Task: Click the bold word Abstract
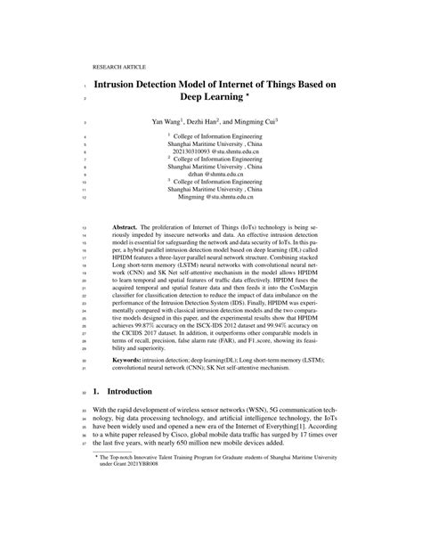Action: [x=125, y=229]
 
